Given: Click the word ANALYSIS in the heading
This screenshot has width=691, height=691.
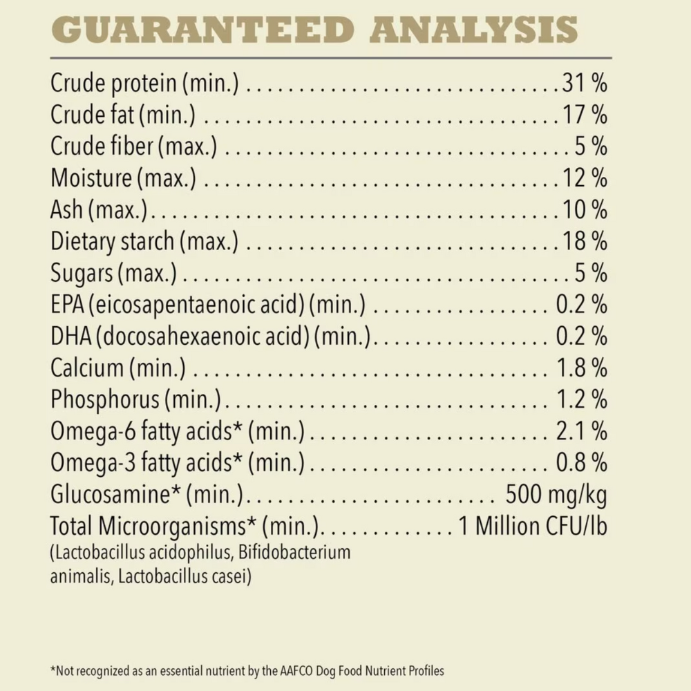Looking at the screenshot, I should coord(474,30).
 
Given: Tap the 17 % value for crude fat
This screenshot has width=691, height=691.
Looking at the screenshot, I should coord(584,115).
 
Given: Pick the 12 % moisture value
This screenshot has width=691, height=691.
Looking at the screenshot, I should coord(584,178).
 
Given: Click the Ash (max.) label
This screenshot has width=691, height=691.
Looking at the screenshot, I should coord(101,209).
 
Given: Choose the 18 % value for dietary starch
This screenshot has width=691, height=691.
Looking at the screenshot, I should coord(584,241).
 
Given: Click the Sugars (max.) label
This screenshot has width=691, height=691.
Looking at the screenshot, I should coord(113,273).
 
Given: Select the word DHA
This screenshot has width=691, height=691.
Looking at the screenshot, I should coord(69,337).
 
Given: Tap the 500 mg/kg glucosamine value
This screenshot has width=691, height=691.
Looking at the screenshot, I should coord(556,495).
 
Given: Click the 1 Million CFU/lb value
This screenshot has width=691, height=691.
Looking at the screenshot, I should coord(532,527).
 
